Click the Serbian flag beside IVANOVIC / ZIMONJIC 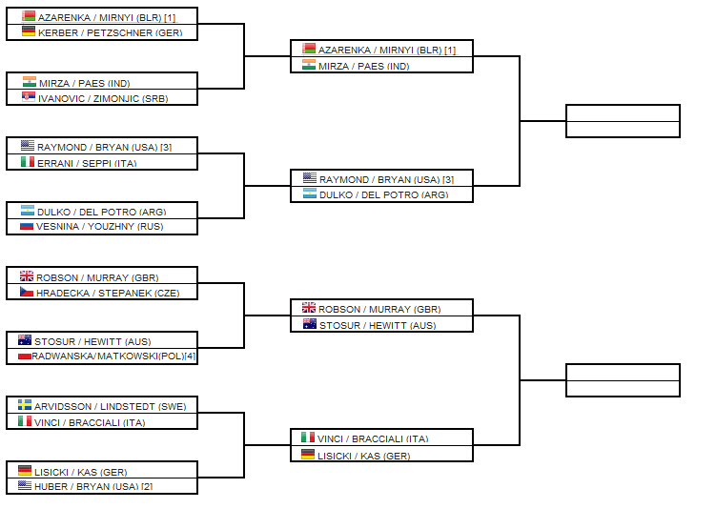click(28, 96)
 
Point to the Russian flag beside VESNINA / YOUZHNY click(28, 227)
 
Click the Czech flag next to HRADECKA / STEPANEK click(27, 292)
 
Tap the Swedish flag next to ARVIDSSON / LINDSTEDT click(25, 405)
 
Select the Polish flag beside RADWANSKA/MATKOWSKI click(25, 356)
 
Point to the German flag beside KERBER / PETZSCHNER click(28, 31)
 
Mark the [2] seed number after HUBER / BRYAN click(147, 486)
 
